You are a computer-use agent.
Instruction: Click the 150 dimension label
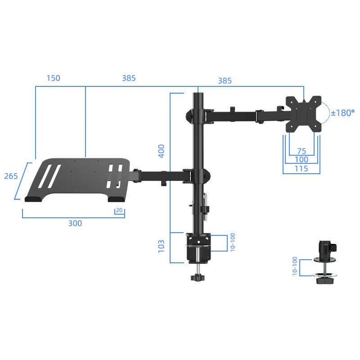click(53, 78)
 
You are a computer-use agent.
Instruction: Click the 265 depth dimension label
click(11, 176)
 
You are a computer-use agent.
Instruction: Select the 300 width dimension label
click(75, 223)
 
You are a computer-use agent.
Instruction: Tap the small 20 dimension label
click(119, 210)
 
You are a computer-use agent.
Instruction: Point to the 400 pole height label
click(162, 150)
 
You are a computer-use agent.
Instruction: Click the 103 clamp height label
click(162, 246)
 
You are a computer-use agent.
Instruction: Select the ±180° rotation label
click(342, 113)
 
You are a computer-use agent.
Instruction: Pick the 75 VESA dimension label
click(301, 151)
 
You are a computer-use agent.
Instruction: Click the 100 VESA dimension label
click(301, 160)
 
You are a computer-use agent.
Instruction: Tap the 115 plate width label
click(301, 169)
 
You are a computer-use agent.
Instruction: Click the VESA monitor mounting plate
click(304, 114)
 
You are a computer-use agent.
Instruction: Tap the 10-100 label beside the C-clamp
click(233, 243)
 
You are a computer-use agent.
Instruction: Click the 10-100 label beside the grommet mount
click(295, 266)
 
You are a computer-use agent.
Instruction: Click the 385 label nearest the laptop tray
click(129, 78)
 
